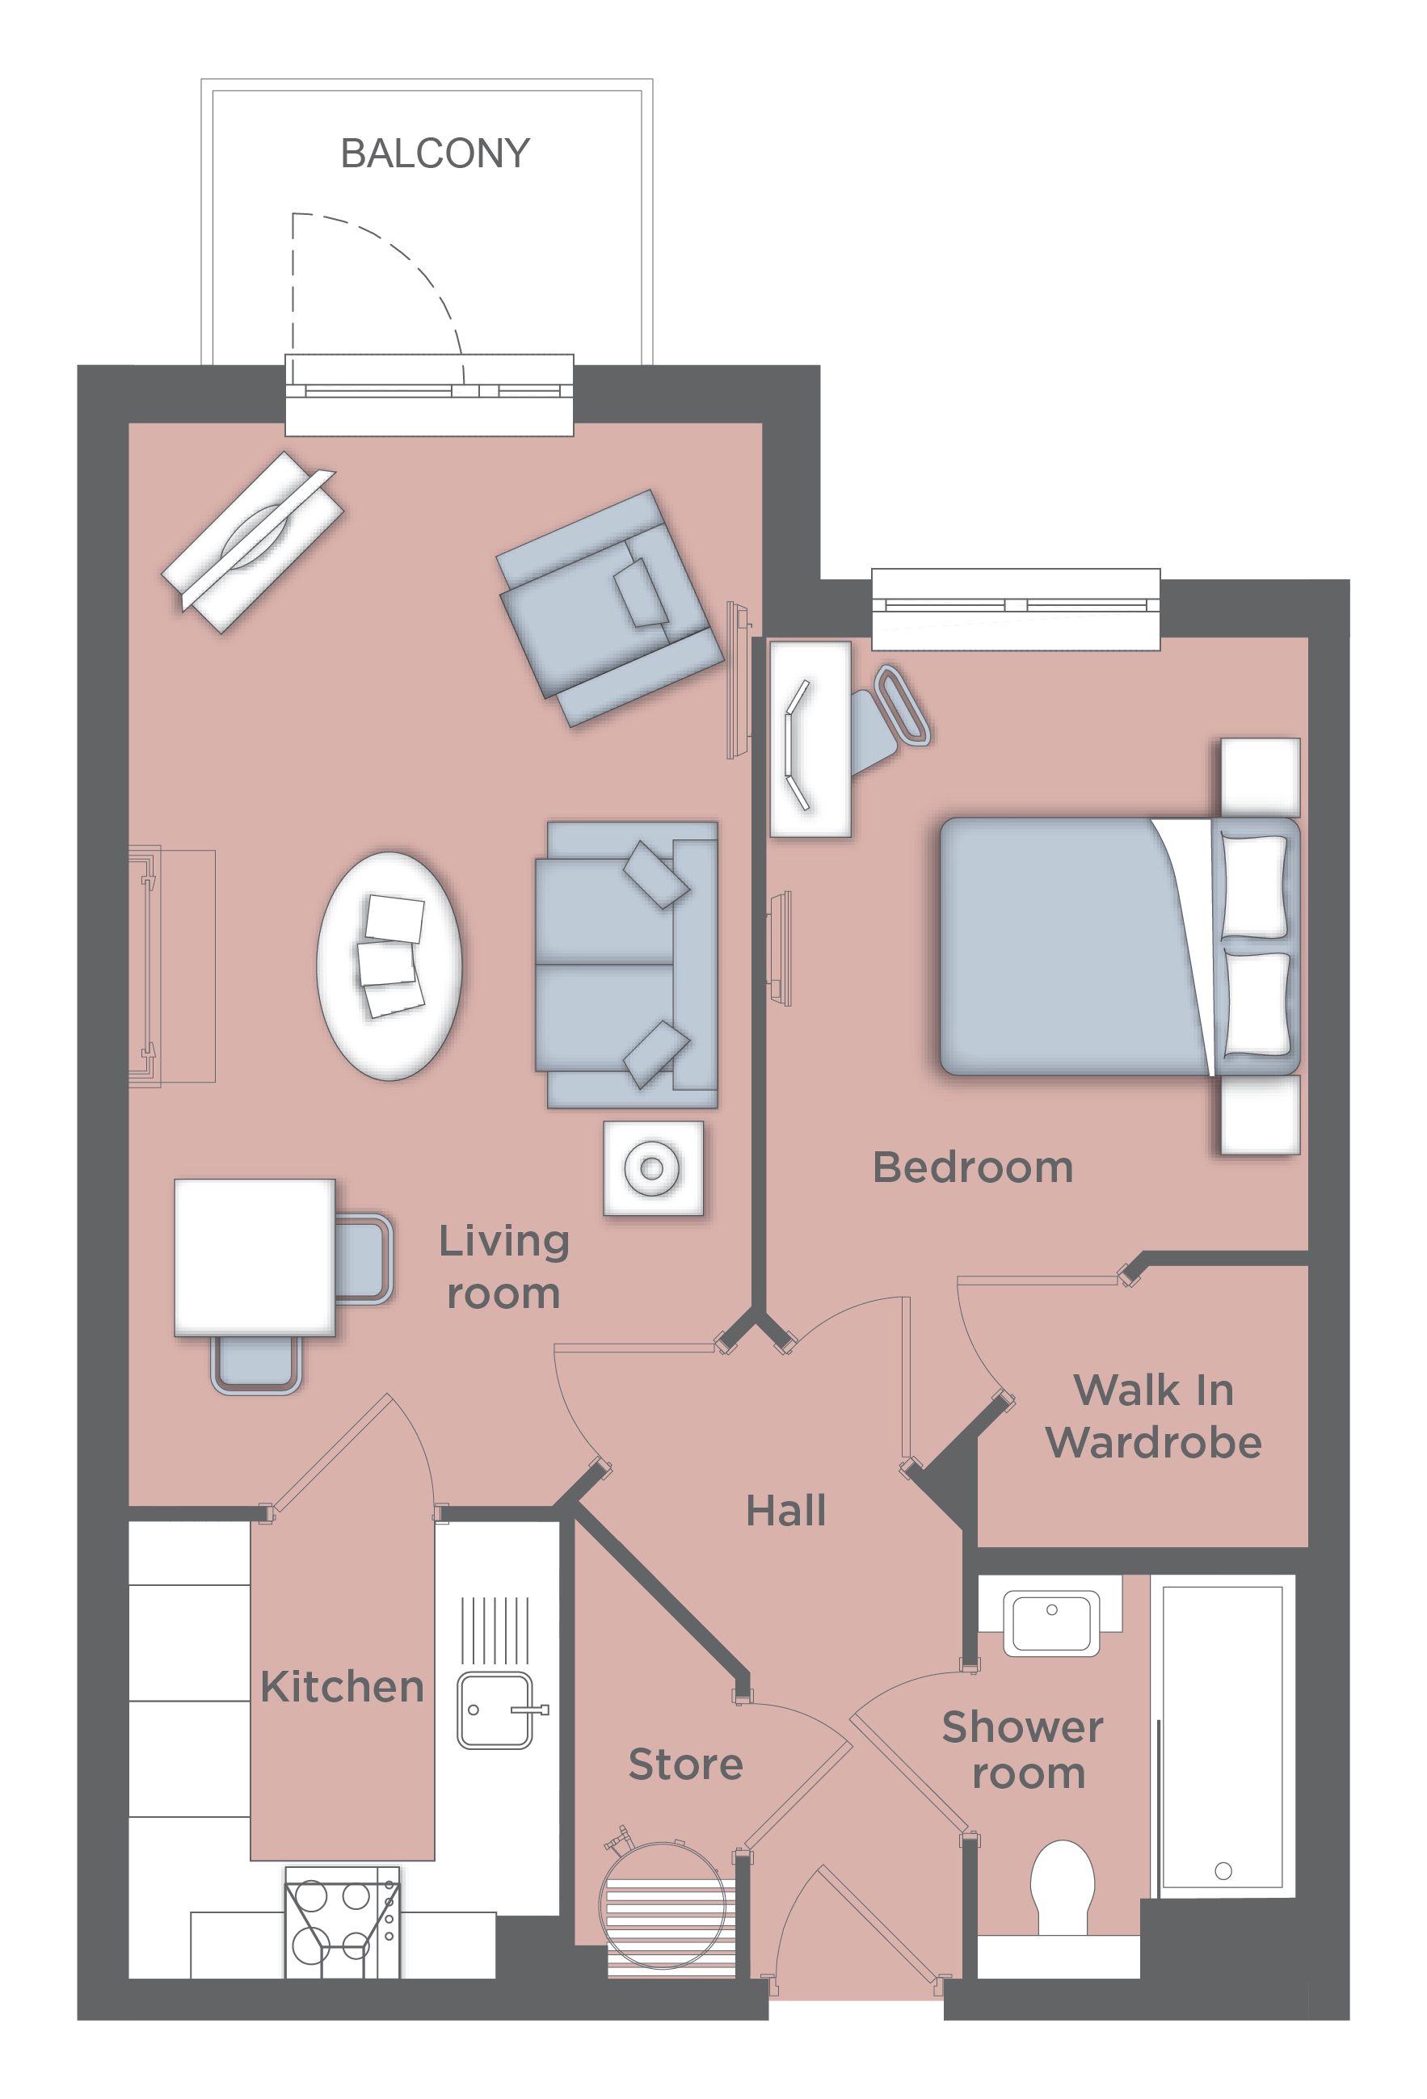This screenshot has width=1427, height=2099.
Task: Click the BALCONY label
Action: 435,154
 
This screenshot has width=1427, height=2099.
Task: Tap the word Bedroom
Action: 973,1167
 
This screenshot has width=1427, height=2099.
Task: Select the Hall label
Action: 785,1510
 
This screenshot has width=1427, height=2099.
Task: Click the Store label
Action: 685,1764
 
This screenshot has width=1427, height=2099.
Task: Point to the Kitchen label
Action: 343,1686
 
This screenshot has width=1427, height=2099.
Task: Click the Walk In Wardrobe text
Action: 1153,1416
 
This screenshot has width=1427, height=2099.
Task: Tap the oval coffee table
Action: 389,965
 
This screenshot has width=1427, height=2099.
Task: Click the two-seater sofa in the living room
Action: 627,965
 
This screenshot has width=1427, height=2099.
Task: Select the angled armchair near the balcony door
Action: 611,608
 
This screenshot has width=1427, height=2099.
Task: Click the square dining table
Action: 255,1257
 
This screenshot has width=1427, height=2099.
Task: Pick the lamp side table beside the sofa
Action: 653,1167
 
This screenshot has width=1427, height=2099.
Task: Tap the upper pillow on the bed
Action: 1253,886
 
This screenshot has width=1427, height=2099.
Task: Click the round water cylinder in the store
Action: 666,1906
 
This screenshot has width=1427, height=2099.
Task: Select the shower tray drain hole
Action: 1223,1870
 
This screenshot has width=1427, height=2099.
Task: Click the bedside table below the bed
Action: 1260,1113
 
